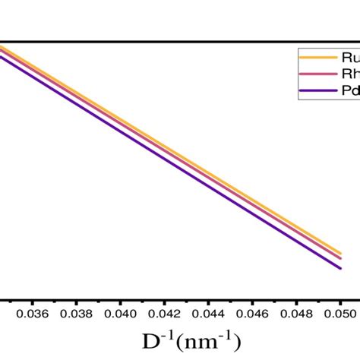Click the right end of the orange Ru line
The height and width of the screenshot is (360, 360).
tap(339, 253)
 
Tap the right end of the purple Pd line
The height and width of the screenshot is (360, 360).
tap(339, 267)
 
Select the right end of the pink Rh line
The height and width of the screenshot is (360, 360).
tap(339, 258)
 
